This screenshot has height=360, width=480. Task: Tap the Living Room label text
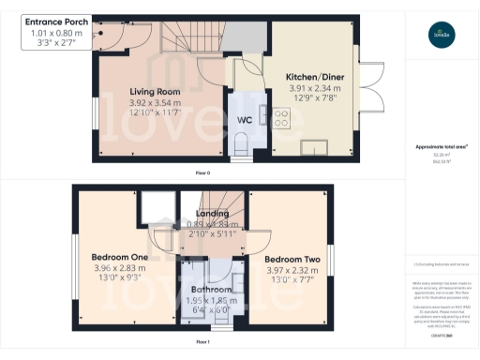(155, 91)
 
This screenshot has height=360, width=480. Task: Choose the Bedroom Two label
(292, 259)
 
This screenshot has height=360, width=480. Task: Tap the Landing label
(211, 214)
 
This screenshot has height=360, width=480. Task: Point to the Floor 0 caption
(202, 174)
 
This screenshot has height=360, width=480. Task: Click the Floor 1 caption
(202, 342)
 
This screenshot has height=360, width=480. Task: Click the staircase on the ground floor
(192, 38)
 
